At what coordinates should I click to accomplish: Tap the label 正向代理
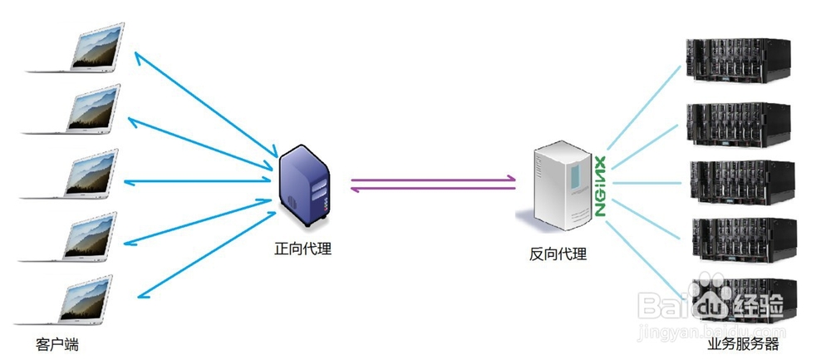[x=303, y=248]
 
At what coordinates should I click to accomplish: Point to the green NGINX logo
[x=599, y=187]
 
